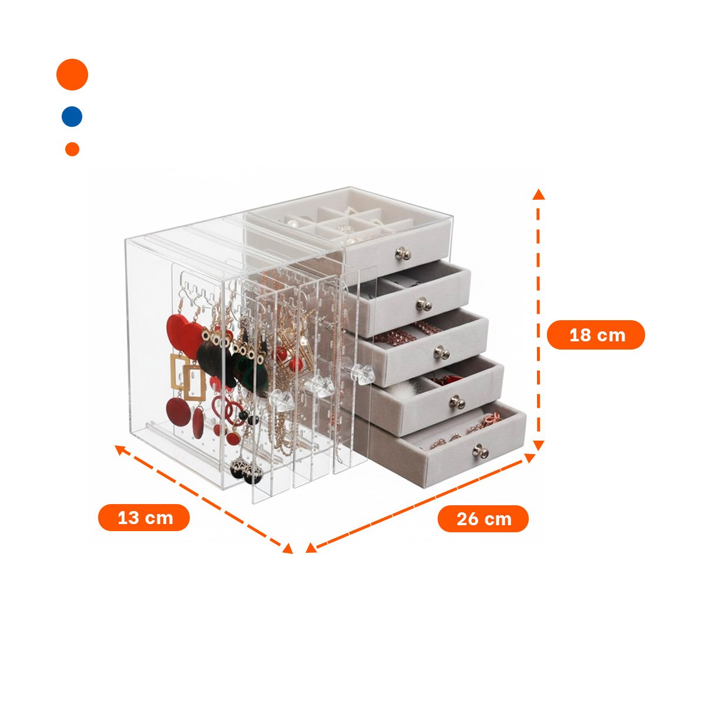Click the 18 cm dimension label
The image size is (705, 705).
(595, 335)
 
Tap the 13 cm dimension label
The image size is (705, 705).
(144, 518)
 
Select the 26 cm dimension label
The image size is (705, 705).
(483, 519)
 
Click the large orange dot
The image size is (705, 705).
(72, 74)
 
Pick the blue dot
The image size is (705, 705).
(72, 117)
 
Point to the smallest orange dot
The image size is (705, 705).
(72, 149)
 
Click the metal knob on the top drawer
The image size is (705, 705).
(403, 253)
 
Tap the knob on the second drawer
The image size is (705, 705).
(424, 303)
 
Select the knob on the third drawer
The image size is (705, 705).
(442, 352)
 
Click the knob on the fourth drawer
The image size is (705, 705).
(457, 402)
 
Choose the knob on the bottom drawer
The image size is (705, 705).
(481, 451)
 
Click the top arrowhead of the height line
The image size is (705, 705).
(539, 194)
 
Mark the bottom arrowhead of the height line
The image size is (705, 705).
(538, 445)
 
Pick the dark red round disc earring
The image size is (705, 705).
(178, 412)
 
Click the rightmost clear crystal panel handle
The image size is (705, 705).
(362, 372)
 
